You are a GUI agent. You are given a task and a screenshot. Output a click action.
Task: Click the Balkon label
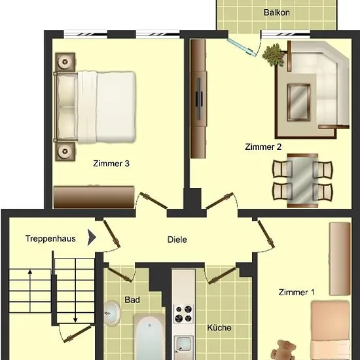276,12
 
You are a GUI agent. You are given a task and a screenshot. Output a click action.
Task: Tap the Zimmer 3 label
111,164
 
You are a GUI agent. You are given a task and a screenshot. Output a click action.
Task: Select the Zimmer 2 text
263,147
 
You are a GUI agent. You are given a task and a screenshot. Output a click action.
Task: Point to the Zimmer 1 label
297,293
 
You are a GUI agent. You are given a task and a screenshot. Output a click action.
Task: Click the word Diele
177,240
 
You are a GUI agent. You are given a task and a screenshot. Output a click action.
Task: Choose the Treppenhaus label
50,239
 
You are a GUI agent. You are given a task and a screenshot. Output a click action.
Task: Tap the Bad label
132,300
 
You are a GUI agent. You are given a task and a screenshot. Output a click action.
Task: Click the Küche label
219,328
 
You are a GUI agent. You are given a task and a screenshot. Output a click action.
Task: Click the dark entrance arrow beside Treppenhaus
92,238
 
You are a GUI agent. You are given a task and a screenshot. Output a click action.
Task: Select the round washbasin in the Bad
112,313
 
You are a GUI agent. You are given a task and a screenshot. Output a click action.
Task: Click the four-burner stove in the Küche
183,314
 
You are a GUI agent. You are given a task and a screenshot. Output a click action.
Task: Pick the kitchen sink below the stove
183,344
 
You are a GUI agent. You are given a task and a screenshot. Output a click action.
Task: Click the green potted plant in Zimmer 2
273,54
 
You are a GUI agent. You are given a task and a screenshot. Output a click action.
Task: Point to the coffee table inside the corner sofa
298,102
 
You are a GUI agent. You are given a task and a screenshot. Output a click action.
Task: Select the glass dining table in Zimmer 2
302,181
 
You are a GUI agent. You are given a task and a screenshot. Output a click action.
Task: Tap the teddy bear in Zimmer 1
283,350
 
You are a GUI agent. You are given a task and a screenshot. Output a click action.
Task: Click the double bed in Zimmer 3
95,107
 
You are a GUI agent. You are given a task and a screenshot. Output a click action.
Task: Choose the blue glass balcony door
241,47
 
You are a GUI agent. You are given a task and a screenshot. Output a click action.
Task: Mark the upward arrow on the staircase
30,291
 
